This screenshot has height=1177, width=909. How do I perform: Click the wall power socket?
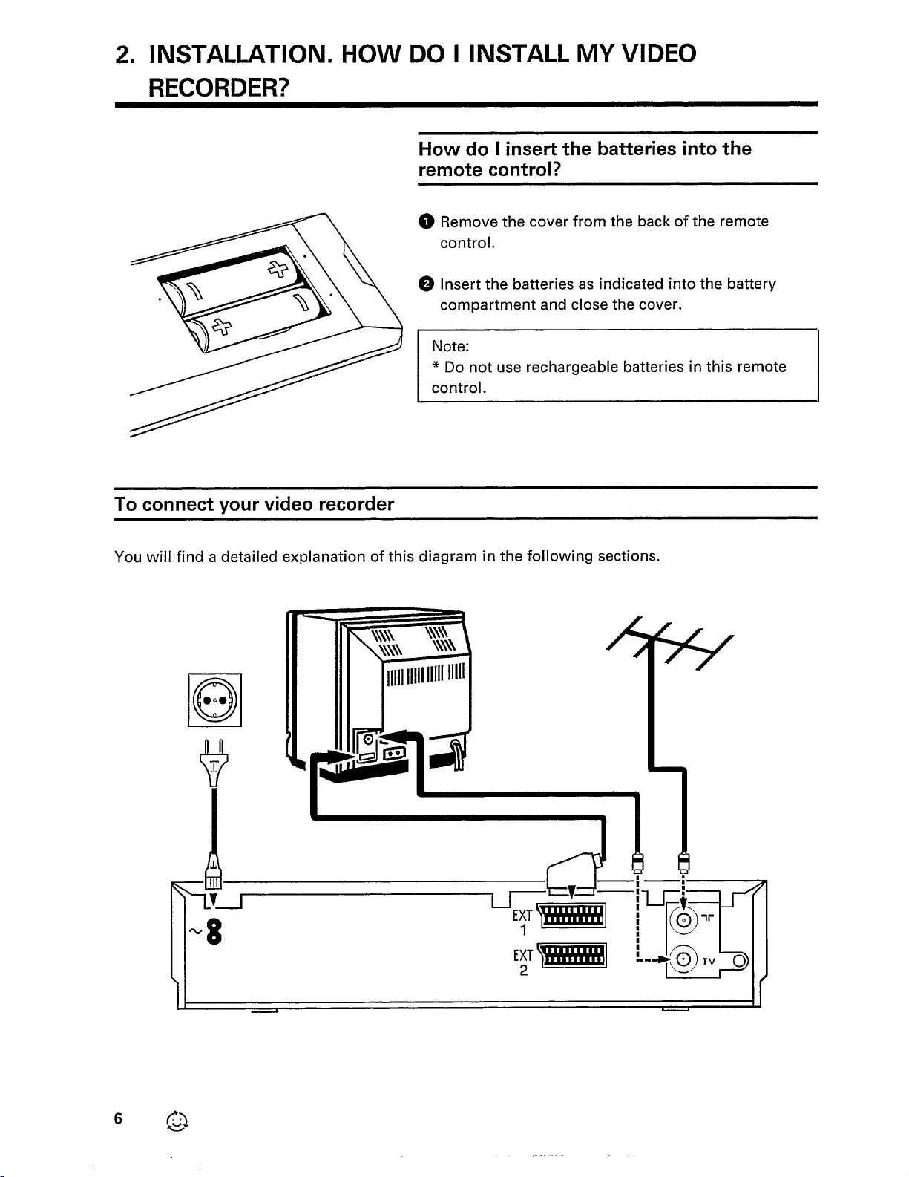click(214, 700)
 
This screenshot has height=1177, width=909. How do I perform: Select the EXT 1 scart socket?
click(572, 916)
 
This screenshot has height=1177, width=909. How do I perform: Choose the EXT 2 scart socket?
click(573, 956)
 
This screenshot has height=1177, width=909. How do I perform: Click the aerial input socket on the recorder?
click(683, 920)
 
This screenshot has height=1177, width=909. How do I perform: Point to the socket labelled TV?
click(683, 959)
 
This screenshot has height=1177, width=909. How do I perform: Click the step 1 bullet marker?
click(427, 221)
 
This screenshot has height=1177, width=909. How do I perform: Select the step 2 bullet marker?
click(427, 284)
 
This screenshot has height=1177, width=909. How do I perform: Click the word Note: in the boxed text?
click(450, 346)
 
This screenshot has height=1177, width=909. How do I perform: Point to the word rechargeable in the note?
click(572, 368)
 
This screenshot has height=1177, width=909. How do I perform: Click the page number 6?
click(118, 1118)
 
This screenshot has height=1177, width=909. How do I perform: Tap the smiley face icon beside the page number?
click(177, 1121)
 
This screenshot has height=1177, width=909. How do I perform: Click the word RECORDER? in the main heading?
click(219, 87)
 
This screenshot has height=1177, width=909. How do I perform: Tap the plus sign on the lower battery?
click(221, 326)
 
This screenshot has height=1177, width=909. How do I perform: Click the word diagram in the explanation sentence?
click(448, 557)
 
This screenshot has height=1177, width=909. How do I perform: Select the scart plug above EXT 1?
click(574, 873)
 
